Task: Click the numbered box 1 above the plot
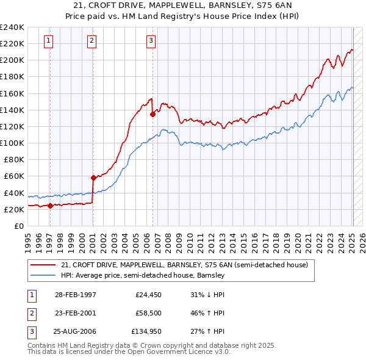tap(48, 41)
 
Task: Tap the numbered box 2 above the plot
tap(91, 41)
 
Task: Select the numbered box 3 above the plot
tap(151, 41)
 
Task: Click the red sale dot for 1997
tap(50, 205)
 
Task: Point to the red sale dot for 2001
tap(93, 178)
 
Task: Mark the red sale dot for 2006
tap(152, 113)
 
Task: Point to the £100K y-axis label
tap(12, 143)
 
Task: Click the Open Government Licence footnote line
tap(129, 353)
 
